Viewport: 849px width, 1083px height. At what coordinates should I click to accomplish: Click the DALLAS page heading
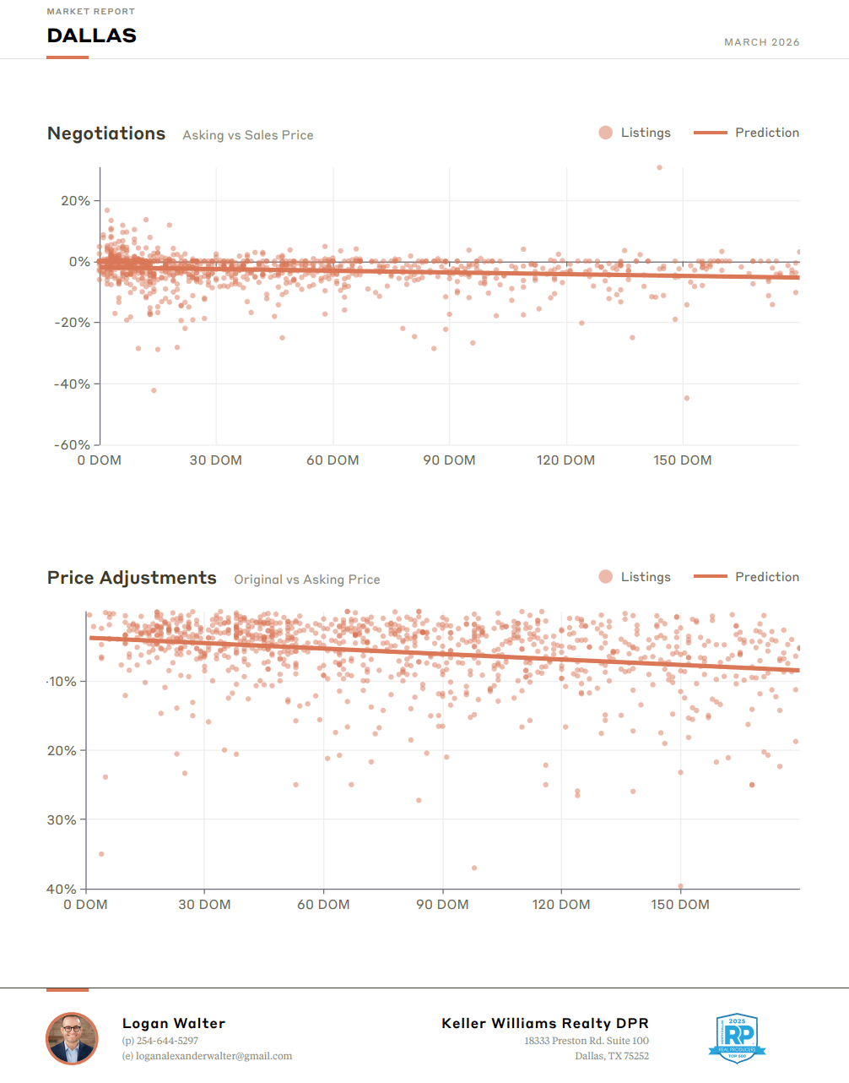91,35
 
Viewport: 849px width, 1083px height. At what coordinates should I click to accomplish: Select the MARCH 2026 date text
761,42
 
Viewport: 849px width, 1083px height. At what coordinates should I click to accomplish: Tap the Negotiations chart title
106,133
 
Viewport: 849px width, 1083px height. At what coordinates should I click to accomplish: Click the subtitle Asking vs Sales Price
248,135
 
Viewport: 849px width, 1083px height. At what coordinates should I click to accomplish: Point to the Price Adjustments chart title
132,578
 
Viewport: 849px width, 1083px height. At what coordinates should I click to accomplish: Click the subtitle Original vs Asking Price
307,580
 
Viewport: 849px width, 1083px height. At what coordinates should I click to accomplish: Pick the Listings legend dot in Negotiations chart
605,133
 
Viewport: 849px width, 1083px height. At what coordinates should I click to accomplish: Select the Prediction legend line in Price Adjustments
710,577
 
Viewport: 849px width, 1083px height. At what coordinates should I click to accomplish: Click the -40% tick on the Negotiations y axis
73,384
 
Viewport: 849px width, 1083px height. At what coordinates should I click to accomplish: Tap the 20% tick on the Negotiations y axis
75,201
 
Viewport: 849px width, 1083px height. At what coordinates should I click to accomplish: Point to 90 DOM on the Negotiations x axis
449,460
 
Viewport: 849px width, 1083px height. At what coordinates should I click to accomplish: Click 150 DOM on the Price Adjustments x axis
679,905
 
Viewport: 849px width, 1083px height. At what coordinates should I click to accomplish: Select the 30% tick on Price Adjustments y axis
62,820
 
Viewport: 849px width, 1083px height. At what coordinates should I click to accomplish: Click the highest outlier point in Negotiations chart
659,167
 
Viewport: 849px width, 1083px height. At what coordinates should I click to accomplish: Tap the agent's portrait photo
72,1038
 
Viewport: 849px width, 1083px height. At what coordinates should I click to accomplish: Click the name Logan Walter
174,1024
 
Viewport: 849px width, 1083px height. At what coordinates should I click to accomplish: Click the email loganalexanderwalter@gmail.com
214,1056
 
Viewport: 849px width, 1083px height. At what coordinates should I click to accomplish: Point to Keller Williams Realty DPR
545,1024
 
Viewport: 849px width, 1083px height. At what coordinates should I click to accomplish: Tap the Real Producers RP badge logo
737,1037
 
